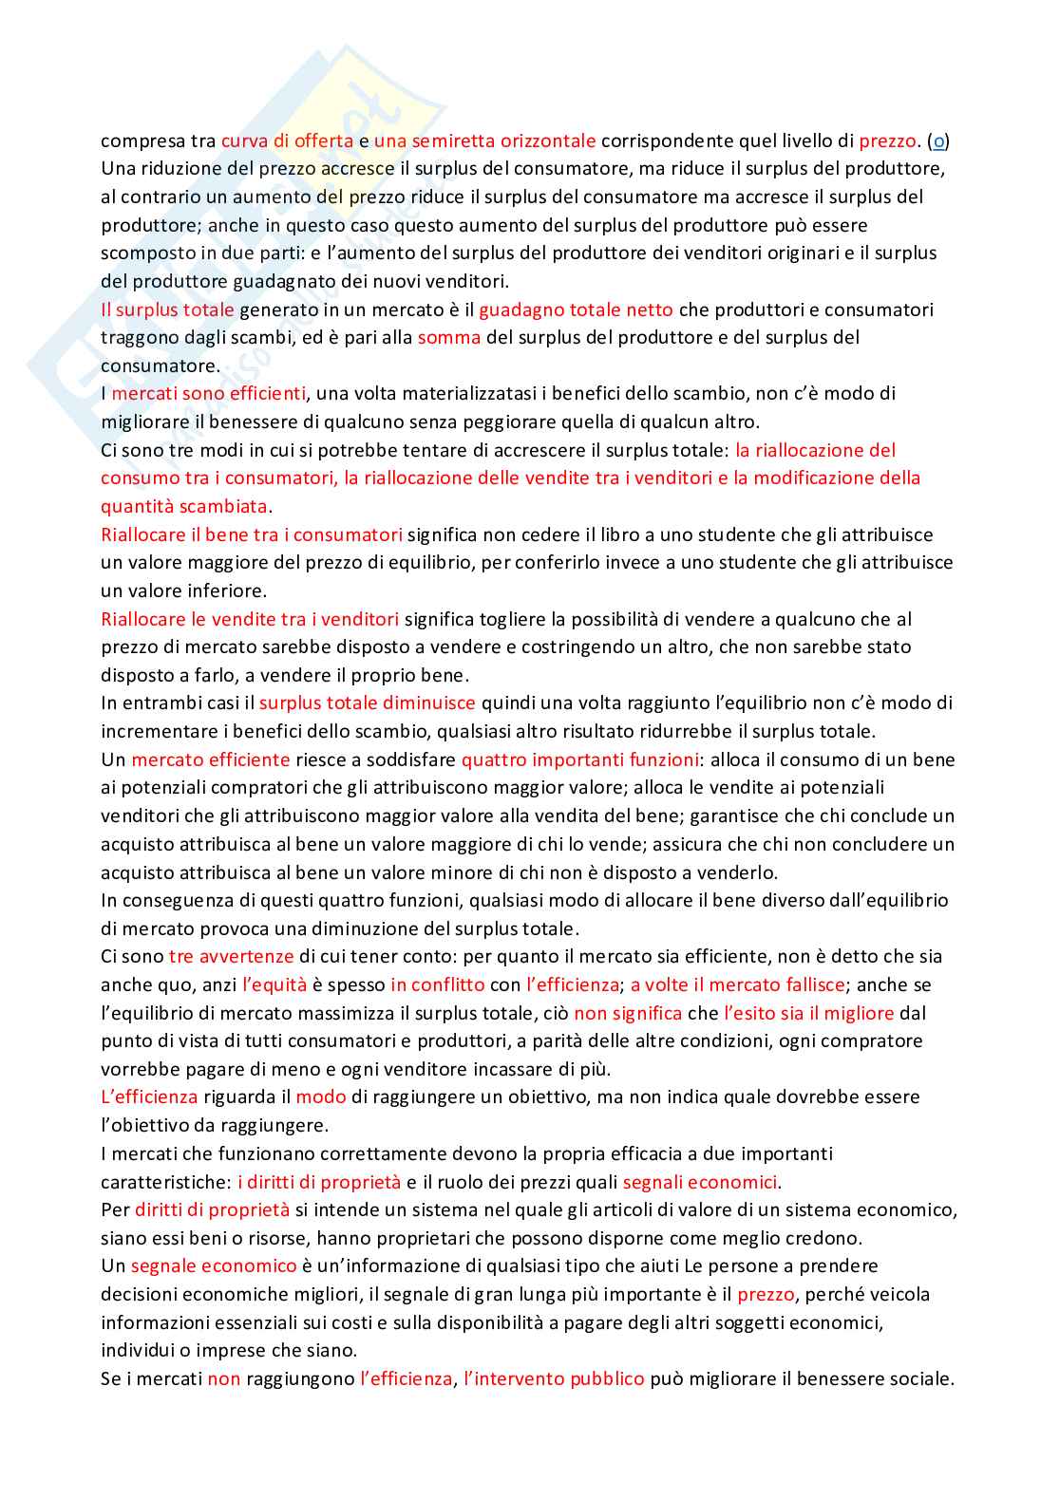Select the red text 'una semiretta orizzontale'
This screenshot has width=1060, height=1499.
[484, 141]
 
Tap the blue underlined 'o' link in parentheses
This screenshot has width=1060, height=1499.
[938, 141]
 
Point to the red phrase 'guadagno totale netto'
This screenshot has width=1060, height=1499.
[576, 309]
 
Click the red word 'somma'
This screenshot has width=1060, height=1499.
[448, 338]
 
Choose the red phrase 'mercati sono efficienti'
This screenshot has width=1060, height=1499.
[209, 394]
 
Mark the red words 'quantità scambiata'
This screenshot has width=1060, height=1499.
[184, 506]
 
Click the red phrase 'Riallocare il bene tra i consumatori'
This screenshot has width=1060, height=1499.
[252, 534]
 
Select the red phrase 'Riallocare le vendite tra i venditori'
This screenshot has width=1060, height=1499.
[250, 620]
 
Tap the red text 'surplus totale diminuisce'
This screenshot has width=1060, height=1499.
[367, 703]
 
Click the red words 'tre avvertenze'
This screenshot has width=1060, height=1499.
[231, 957]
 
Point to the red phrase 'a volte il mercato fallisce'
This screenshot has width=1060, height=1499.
[737, 985]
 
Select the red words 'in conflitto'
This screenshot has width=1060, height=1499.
[437, 985]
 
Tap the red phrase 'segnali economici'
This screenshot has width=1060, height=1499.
[700, 1183]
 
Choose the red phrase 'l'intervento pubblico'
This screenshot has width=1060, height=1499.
[554, 1379]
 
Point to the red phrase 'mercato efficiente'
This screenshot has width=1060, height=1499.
[211, 760]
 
